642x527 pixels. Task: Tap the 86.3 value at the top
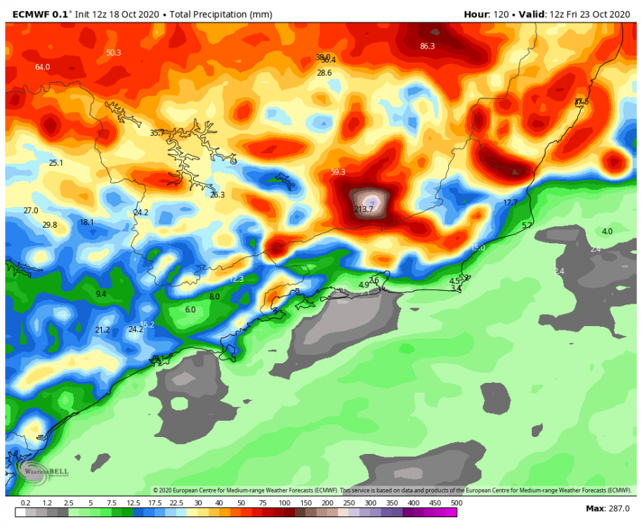coord(427,46)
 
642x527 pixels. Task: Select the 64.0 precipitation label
coord(42,67)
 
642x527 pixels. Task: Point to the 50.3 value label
coord(113,53)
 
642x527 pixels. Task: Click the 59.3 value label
coord(337,172)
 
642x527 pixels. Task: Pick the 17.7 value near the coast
coord(510,203)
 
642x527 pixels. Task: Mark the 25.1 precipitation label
coord(55,163)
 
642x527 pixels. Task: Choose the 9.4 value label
coord(100,294)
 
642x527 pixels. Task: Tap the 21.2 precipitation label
coord(103,330)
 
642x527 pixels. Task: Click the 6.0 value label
coord(190,310)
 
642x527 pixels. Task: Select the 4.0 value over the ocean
coord(607,231)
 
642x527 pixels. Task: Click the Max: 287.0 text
coord(608,508)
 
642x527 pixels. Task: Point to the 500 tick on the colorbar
coord(456,504)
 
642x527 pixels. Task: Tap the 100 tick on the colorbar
coord(284,504)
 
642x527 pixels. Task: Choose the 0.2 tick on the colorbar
coord(25,504)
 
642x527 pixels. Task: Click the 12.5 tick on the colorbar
coord(133,504)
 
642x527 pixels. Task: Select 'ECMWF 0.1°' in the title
coord(41,14)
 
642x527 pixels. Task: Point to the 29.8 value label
coord(49,225)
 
